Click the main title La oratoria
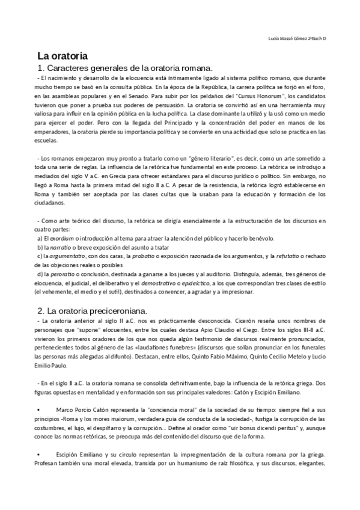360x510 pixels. click(x=63, y=55)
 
